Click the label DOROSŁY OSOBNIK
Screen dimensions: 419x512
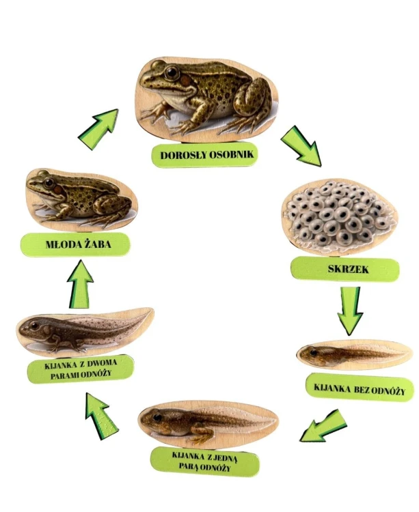pos(207,154)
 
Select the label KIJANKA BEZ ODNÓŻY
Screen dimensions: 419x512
pos(360,389)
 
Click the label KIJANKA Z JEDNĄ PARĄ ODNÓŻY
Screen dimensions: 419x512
pos(204,461)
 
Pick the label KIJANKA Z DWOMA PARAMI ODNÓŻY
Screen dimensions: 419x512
pos(81,369)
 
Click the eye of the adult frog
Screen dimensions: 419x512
pos(172,72)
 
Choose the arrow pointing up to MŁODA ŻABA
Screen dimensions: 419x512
pos(80,284)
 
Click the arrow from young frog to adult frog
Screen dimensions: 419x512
pos(98,128)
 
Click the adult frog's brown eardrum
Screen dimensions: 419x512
pos(186,81)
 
